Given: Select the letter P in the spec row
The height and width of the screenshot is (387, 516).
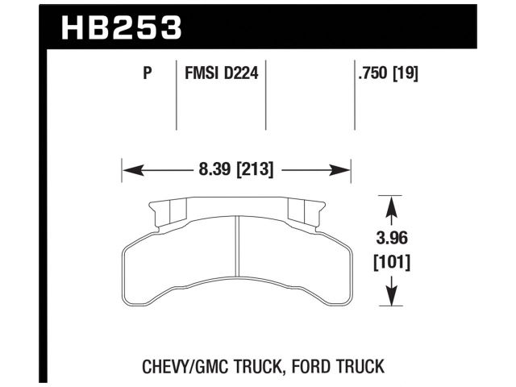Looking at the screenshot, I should coord(147,74).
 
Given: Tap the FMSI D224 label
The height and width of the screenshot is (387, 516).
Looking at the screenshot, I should coord(221,74).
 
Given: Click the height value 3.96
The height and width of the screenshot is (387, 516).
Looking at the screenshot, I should coord(391,240).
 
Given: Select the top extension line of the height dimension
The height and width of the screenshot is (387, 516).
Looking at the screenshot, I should coord(391,196).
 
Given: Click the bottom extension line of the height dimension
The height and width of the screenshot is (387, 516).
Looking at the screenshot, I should coord(391,307).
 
